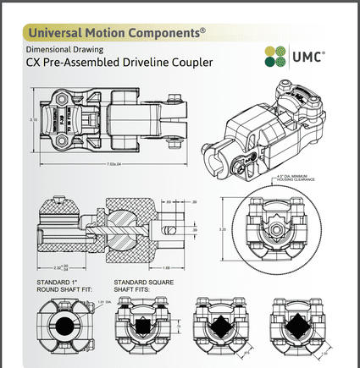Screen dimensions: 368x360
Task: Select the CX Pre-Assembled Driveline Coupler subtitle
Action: pyautogui.click(x=118, y=63)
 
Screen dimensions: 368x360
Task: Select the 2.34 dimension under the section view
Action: pyautogui.click(x=57, y=266)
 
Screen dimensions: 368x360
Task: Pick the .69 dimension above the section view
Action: pyautogui.click(x=169, y=202)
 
